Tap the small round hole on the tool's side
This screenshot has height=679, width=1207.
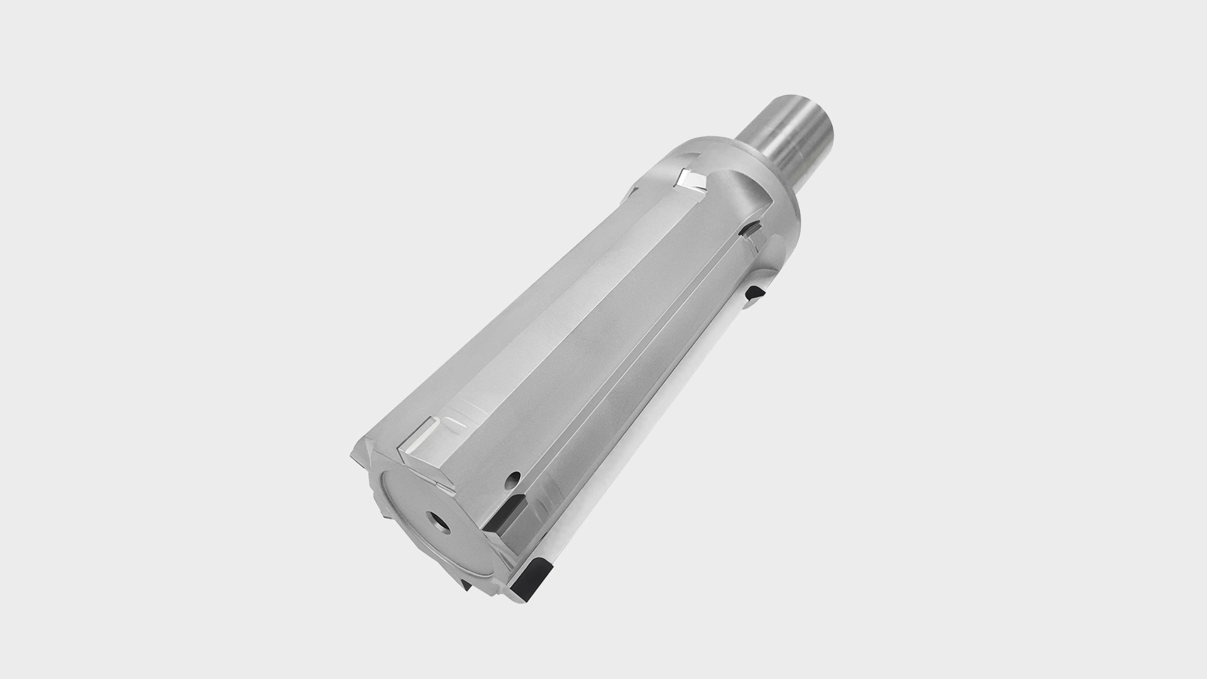point(516,476)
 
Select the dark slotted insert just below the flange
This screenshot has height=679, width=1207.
point(749,231)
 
